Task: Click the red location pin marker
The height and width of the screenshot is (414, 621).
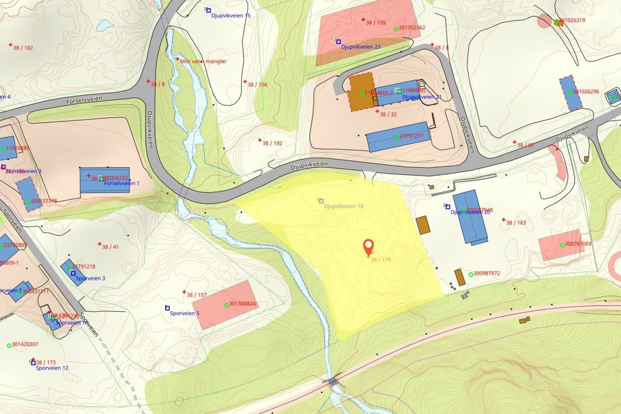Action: coord(368,246)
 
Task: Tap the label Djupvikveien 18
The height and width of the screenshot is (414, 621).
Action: coord(343,206)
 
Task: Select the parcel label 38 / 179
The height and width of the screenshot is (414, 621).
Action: coord(380,259)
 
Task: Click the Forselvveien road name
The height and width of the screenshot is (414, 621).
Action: coord(84,100)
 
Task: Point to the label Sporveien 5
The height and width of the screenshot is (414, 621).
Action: coord(184,313)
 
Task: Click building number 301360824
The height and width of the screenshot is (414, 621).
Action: coord(242,304)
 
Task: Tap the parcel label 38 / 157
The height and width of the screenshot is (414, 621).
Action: coord(196,295)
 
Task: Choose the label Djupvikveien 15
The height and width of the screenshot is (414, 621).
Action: coord(231,16)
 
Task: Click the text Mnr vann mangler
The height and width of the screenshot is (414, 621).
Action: coord(203,61)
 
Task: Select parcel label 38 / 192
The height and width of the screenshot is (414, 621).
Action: coord(272,143)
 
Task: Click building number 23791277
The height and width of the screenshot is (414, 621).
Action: coord(411,136)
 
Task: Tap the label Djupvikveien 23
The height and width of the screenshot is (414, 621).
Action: coord(361,47)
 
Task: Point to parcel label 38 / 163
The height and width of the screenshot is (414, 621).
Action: coord(516,223)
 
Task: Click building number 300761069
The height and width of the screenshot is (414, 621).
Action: coord(578,244)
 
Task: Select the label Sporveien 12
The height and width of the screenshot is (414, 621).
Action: coord(52,368)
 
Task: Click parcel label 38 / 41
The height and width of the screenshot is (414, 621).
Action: coord(110,247)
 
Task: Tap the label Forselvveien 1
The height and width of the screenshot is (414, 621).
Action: coord(121,183)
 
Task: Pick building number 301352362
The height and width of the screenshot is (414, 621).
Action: coord(412,28)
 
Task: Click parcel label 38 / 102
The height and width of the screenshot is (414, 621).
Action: coord(23,48)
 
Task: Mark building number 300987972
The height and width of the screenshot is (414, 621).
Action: coord(487,273)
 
